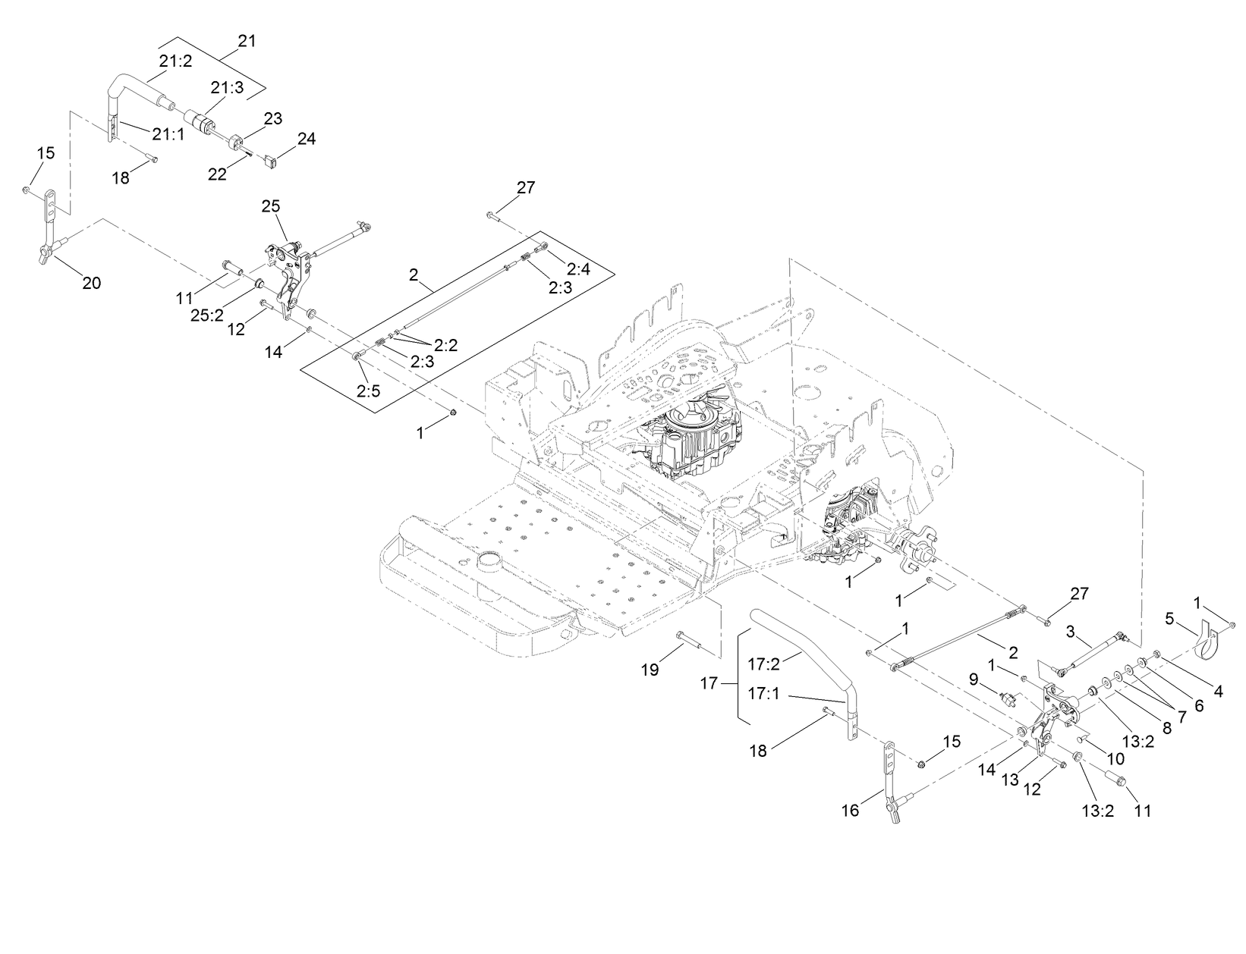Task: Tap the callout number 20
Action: coord(91,283)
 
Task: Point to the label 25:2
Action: coord(206,315)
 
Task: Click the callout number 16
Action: coord(850,811)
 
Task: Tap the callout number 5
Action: coord(1169,620)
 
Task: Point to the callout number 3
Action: coord(1070,631)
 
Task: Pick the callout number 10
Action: coord(1115,758)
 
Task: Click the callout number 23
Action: coord(272,118)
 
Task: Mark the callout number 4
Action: coord(1218,692)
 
